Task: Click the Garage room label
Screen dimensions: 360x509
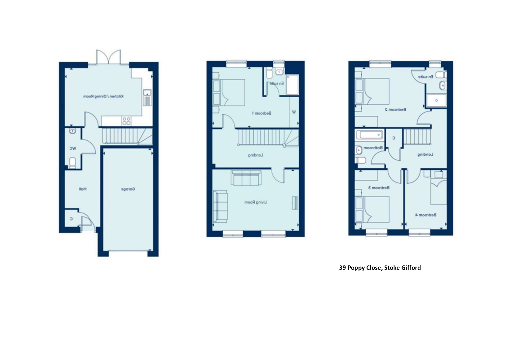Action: tap(128, 189)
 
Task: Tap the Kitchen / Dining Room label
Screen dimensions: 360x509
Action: tap(103, 96)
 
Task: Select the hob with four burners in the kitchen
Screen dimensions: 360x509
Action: tap(126, 121)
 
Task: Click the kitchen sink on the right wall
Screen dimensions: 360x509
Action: tap(147, 97)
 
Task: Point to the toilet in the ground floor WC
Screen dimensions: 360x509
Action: tap(73, 162)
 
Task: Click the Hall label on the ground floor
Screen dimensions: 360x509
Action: tap(83, 189)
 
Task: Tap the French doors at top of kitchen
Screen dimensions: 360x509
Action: tap(108, 57)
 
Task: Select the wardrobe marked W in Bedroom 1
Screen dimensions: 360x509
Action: tap(294, 112)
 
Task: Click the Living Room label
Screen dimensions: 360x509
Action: tap(255, 202)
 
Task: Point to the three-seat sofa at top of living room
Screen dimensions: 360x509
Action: tap(246, 178)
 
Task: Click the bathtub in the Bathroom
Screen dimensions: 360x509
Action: tap(369, 135)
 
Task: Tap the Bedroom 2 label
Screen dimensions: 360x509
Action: tap(395, 110)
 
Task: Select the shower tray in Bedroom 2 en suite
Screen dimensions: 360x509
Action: tap(436, 100)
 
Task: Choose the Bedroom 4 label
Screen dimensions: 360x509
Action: tap(425, 215)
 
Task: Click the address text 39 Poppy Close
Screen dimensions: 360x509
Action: tap(380, 268)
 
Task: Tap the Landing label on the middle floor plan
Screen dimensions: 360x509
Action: tap(255, 155)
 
